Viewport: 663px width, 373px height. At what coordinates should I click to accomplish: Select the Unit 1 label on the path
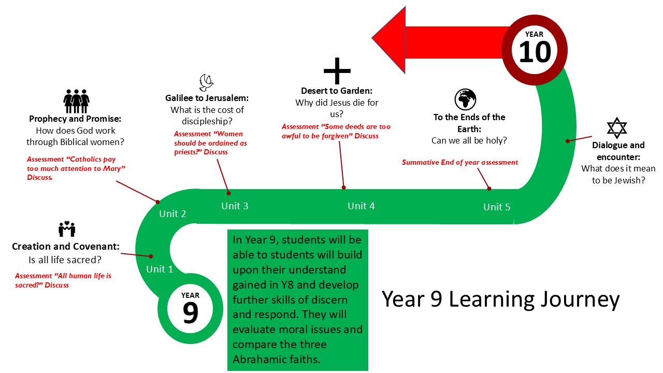click(160, 269)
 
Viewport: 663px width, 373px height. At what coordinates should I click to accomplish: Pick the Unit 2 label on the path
click(172, 213)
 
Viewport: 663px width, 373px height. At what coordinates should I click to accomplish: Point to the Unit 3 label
click(235, 206)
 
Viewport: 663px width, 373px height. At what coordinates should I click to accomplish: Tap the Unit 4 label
click(361, 206)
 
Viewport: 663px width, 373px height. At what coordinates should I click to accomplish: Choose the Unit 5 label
click(497, 207)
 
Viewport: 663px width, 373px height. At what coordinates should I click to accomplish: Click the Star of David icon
click(616, 128)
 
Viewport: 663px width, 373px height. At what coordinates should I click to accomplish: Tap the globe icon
click(465, 99)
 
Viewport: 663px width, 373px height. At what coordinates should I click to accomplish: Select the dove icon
click(207, 83)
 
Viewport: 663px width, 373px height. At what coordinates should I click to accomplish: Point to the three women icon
click(76, 101)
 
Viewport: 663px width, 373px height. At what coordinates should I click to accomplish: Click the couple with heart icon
click(67, 229)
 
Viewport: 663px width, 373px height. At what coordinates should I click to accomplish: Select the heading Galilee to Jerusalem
click(207, 97)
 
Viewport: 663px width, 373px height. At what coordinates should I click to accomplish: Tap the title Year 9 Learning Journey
click(500, 299)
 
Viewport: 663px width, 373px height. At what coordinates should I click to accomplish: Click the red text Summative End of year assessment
click(460, 162)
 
